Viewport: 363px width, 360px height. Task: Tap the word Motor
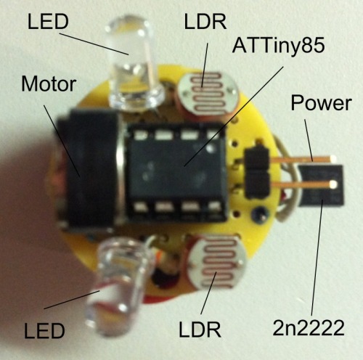click(x=49, y=84)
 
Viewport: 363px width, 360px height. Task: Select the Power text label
click(x=321, y=103)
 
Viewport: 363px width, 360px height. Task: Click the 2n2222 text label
click(x=309, y=328)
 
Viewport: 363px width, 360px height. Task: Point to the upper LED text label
click(x=48, y=22)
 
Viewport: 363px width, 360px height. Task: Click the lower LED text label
click(x=44, y=331)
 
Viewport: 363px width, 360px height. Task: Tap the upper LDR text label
click(x=205, y=22)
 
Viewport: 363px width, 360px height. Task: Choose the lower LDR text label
click(x=200, y=329)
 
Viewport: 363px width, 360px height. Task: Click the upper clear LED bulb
click(x=134, y=63)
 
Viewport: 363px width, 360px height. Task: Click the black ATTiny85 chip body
click(x=176, y=172)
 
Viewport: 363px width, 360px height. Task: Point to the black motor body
click(x=89, y=169)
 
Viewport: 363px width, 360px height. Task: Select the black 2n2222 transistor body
click(x=321, y=185)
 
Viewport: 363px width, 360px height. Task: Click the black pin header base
click(x=257, y=172)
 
